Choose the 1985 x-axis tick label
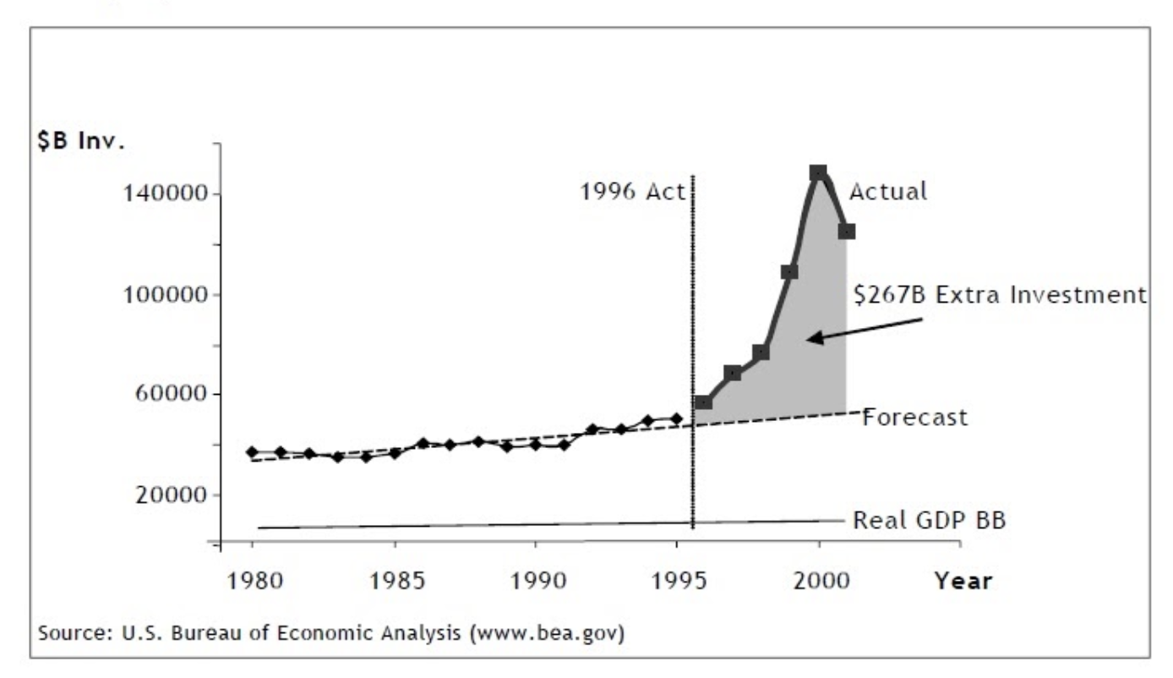(394, 582)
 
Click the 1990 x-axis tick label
(534, 582)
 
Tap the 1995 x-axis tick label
(677, 582)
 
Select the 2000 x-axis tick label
(818, 582)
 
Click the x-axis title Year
(963, 582)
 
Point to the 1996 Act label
(632, 192)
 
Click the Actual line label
(887, 192)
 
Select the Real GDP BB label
(929, 521)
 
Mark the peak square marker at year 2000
(818, 173)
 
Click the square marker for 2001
(847, 232)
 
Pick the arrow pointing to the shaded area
(862, 329)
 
